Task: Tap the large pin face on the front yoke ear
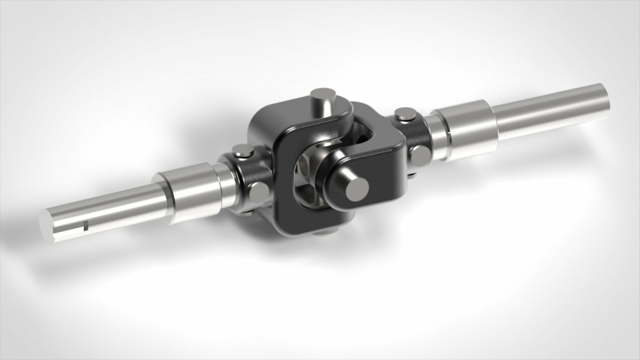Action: [357, 189]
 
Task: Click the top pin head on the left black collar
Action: [242, 151]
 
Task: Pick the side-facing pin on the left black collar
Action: [259, 191]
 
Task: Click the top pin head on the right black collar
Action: [406, 114]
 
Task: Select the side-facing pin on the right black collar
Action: [420, 155]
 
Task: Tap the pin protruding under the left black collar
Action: [247, 212]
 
